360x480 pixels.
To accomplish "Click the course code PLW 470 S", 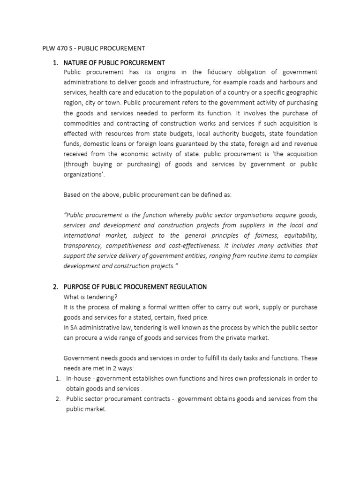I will point(52,48).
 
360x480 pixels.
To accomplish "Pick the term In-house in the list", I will point(78,378).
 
